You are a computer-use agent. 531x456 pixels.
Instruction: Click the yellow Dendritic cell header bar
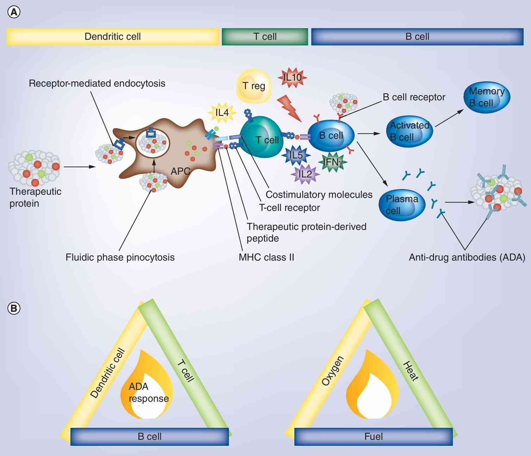pos(113,37)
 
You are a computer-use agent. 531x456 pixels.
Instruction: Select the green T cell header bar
pos(265,37)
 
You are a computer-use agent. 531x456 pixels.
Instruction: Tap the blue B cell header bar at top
pos(417,37)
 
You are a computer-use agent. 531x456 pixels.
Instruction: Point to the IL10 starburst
pos(293,76)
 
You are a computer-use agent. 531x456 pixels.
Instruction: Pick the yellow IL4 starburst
pos(222,113)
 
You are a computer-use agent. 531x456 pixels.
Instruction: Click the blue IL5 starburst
pos(296,155)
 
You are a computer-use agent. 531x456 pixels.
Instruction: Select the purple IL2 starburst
pos(305,174)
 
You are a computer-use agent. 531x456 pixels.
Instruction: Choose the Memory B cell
pos(486,97)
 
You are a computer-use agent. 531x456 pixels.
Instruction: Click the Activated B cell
pos(410,131)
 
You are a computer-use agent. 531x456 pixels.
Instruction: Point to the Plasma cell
pos(402,205)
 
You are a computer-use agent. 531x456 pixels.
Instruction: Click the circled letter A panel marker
pos(14,12)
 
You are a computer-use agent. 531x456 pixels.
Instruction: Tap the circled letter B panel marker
pos(14,308)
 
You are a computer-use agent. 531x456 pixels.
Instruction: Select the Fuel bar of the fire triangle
pos(373,437)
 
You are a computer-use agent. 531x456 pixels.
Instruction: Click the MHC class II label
pos(266,257)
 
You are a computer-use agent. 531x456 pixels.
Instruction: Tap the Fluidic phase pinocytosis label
pos(120,257)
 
